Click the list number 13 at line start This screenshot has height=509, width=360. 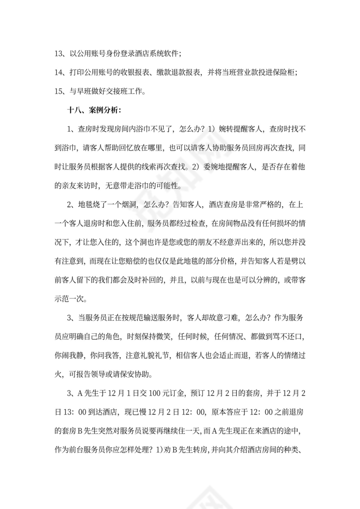59,54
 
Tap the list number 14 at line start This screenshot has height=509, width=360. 59,72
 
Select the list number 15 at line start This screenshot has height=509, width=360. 59,91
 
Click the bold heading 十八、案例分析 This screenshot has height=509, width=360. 91,110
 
